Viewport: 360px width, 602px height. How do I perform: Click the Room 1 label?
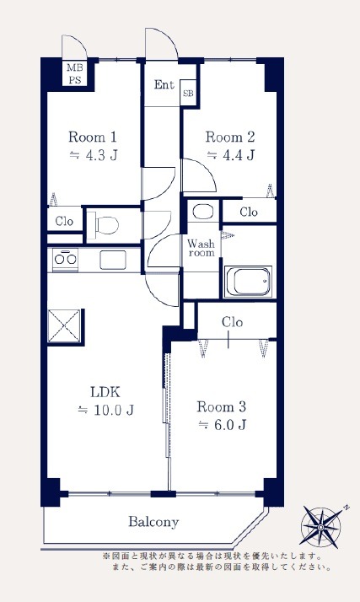pos(93,137)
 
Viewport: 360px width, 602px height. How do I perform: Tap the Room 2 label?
pos(230,137)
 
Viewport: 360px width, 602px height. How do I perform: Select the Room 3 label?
pos(222,406)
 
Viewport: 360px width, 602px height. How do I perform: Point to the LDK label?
pos(105,392)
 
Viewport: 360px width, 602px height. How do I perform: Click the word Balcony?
pos(153,522)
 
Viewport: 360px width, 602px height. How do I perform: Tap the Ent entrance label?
pos(164,84)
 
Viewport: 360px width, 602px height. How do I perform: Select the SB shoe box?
pos(188,93)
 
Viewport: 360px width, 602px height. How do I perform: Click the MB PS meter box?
pos(74,73)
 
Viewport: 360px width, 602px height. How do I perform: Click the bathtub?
pos(248,282)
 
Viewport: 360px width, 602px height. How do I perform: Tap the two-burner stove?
pos(65,260)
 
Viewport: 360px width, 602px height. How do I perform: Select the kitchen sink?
pos(113,260)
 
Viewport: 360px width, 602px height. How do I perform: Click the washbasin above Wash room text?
pos(203,211)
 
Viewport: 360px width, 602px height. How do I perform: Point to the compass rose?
pos(321,526)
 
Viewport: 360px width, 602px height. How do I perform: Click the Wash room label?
pos(201,248)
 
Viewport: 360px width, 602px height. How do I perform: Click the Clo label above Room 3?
pos(232,322)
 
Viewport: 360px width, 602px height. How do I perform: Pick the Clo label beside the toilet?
pos(64,221)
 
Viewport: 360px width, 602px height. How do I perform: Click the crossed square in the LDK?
pos(64,325)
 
